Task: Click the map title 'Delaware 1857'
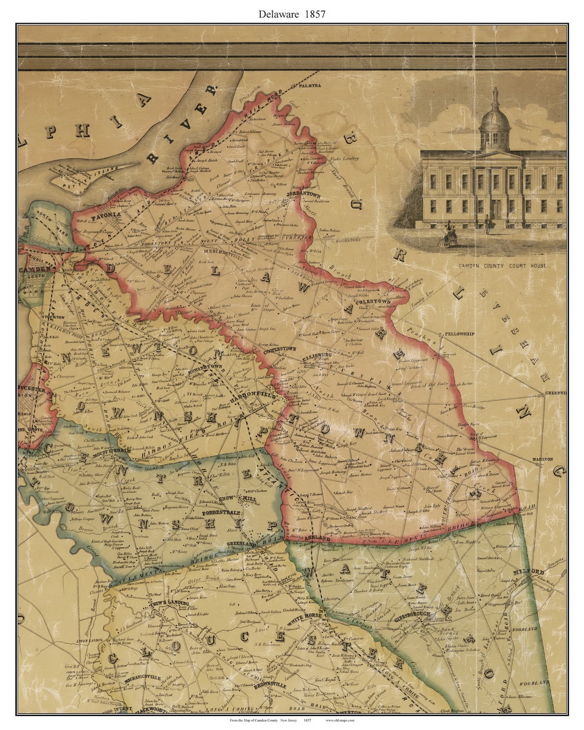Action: coord(292,15)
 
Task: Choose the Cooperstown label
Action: coord(280,350)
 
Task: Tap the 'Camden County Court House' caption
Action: coord(502,266)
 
